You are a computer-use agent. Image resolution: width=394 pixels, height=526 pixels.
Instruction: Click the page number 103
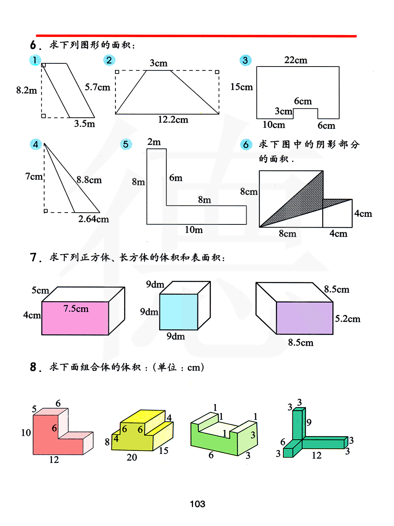tap(197, 504)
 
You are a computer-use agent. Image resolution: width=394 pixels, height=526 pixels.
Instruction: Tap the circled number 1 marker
tap(35, 60)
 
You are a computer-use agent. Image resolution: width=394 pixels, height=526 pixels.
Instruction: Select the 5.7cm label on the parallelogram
tap(97, 87)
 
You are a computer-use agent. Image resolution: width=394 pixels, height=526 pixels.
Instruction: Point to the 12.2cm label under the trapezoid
tap(173, 120)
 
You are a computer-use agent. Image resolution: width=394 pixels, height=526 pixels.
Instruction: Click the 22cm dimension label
tap(295, 60)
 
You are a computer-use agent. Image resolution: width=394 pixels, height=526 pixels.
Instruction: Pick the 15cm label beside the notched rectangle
tap(242, 87)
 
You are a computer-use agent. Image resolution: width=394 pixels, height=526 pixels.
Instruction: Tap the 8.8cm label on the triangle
tap(89, 180)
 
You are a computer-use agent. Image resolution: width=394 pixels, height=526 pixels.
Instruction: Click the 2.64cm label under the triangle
tap(93, 219)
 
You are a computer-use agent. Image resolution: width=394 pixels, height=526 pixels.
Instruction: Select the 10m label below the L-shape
tap(194, 230)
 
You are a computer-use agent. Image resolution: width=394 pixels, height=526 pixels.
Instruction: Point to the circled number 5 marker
tap(126, 144)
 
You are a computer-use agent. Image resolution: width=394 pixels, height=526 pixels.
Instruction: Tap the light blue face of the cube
tap(178, 312)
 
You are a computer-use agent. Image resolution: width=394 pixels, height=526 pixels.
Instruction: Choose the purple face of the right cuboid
tap(304, 318)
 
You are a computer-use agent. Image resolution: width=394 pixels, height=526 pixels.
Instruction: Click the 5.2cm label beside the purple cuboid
tap(348, 319)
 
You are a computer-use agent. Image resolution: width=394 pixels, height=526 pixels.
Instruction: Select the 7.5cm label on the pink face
tap(76, 309)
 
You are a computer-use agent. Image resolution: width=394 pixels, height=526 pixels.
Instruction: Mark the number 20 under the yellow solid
tap(132, 457)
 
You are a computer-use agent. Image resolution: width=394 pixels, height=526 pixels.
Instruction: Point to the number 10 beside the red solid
tap(26, 433)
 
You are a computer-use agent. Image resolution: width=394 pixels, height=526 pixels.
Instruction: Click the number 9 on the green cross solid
tap(309, 422)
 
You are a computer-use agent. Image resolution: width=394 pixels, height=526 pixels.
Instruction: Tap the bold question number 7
tap(34, 257)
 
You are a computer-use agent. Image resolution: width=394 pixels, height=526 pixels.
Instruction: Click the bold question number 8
tap(34, 367)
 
